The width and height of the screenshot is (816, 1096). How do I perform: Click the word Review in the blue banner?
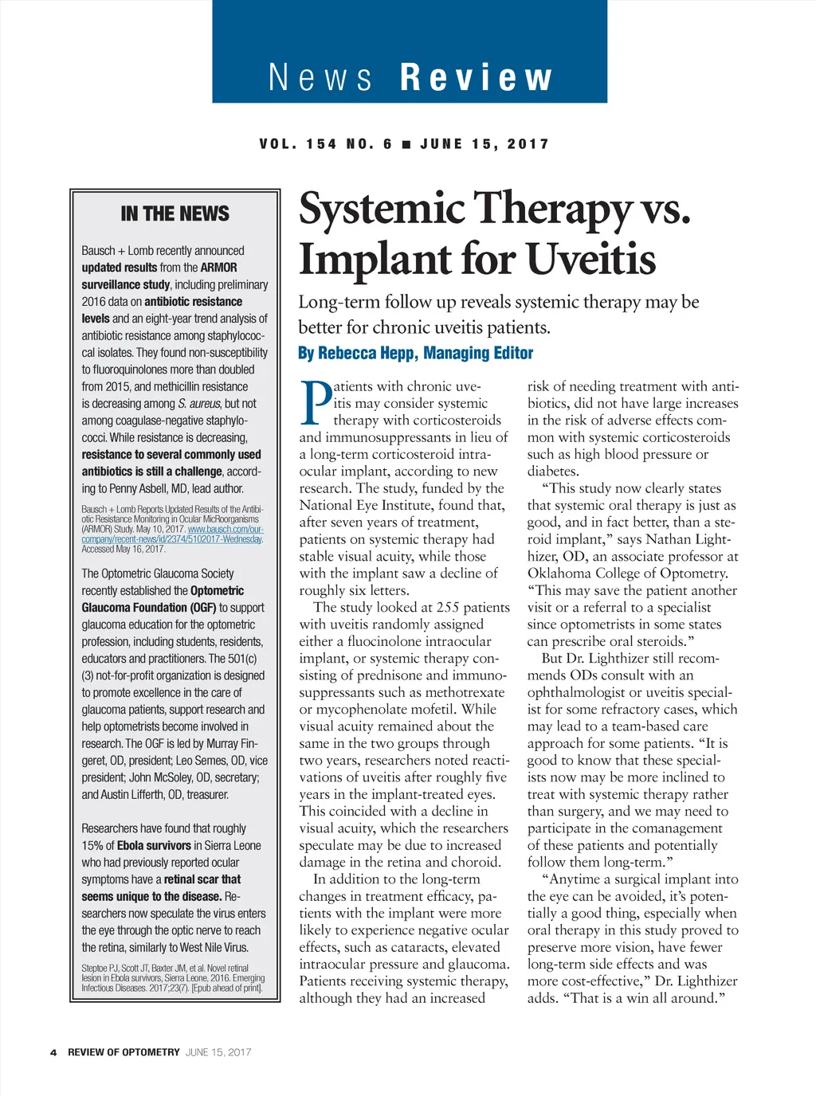pyautogui.click(x=476, y=78)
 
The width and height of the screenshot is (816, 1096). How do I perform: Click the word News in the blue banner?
pyautogui.click(x=320, y=78)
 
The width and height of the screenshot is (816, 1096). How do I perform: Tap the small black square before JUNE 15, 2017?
pyautogui.click(x=406, y=144)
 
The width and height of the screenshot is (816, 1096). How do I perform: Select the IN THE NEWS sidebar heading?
pyautogui.click(x=175, y=213)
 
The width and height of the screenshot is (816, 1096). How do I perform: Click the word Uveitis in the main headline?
pyautogui.click(x=590, y=259)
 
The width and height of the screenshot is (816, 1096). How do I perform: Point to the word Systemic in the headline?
pyautogui.click(x=382, y=209)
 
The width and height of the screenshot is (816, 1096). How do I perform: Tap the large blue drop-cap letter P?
pyautogui.click(x=316, y=403)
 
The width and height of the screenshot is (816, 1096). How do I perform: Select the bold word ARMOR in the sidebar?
pyautogui.click(x=218, y=268)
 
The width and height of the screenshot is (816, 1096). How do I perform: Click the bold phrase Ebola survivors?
pyautogui.click(x=155, y=845)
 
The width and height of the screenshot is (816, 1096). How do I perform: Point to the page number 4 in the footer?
pyautogui.click(x=53, y=1052)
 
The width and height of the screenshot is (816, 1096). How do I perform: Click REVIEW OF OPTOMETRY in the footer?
pyautogui.click(x=124, y=1052)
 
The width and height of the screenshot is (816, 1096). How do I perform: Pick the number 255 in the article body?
pyautogui.click(x=448, y=607)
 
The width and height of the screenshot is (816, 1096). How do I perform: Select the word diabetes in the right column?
pyautogui.click(x=553, y=471)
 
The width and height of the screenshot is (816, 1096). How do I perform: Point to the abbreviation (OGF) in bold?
pyautogui.click(x=203, y=608)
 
